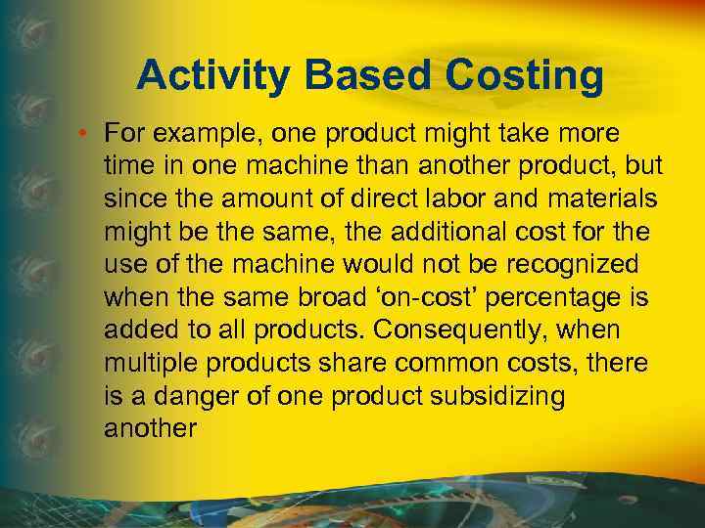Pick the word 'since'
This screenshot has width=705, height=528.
(x=130, y=198)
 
